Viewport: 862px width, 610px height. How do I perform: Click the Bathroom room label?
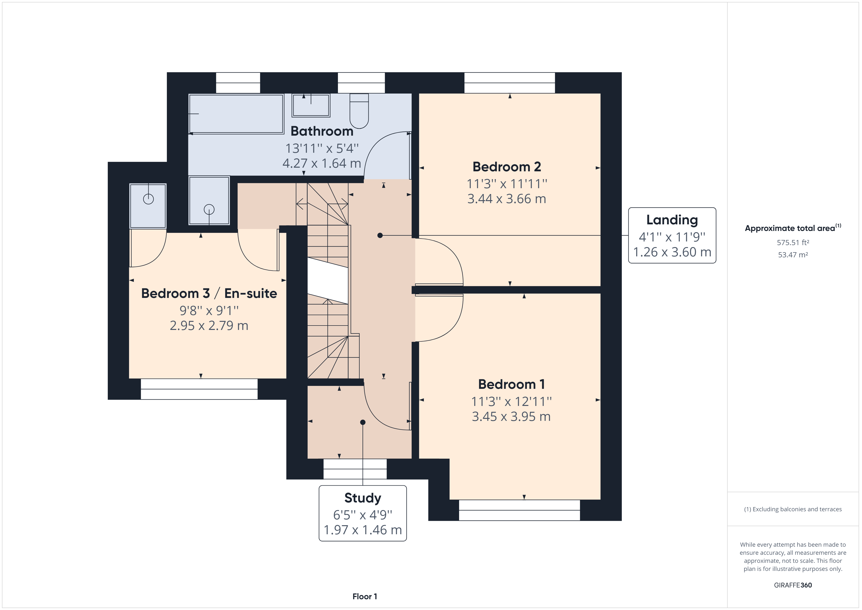tap(322, 131)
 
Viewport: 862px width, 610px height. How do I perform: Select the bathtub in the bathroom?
tap(236, 114)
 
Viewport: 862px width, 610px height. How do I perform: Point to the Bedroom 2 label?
tap(506, 166)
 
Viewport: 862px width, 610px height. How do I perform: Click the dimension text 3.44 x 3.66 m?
tap(506, 199)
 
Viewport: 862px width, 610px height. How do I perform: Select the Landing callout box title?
tap(672, 220)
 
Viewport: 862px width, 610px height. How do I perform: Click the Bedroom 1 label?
tap(511, 384)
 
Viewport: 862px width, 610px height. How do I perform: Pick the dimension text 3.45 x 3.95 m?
tap(511, 416)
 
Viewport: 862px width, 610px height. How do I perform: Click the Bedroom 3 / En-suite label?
tap(209, 293)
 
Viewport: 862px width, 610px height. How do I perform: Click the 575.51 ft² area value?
tap(793, 243)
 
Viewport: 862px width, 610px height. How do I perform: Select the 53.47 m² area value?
tap(793, 255)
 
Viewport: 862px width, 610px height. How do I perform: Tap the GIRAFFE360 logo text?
tap(793, 585)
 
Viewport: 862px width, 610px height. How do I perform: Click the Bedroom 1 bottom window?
tap(519, 510)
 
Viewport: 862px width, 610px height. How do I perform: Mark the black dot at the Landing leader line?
tap(380, 236)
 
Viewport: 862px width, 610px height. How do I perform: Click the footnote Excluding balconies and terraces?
tap(793, 509)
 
